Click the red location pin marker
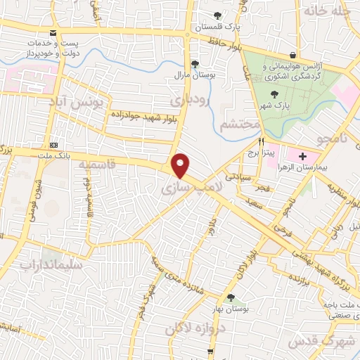click(181, 166)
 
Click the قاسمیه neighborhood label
click(97, 165)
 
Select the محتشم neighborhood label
click(241, 125)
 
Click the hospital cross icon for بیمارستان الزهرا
click(303, 155)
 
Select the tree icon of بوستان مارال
click(185, 62)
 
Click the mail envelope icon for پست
click(54, 34)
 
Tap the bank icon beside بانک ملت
click(53, 144)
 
